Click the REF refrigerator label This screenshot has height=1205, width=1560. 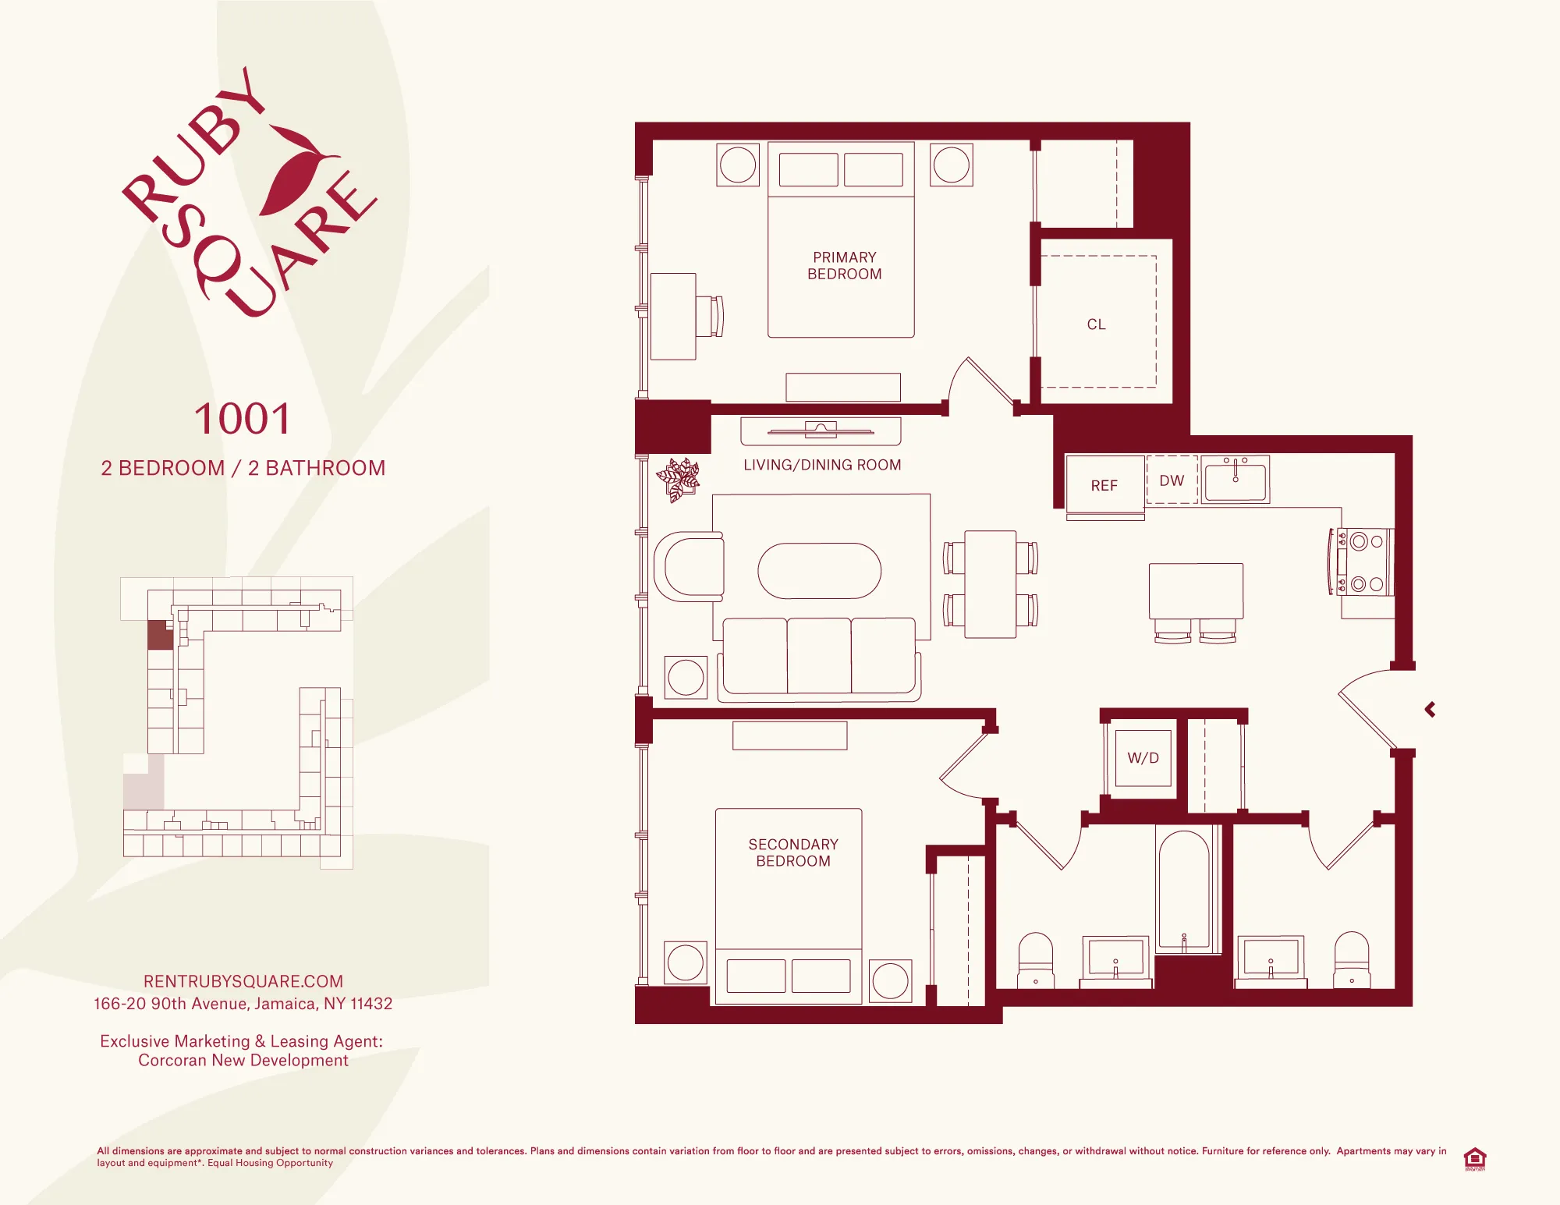pos(1104,486)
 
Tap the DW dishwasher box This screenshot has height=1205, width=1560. pos(1172,480)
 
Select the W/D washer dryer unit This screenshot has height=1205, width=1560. pos(1143,758)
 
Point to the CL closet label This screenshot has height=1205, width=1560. pos(1096,324)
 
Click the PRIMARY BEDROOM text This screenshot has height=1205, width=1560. pos(844,266)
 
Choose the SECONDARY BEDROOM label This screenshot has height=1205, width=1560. pos(792,852)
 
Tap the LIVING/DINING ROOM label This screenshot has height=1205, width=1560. pos(822,465)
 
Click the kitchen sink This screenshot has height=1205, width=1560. pos(1235,480)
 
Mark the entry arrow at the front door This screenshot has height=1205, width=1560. pos(1431,710)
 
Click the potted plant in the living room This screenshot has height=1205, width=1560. pos(679,478)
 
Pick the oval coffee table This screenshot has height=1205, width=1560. pos(819,571)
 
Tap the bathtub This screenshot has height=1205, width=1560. pos(1183,889)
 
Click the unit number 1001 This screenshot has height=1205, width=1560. pos(243,420)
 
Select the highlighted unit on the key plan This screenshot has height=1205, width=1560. pos(160,635)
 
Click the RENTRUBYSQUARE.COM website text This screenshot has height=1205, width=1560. pos(243,981)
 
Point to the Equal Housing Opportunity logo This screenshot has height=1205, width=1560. pos(1474,1158)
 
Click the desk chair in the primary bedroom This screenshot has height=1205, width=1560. pos(711,316)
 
